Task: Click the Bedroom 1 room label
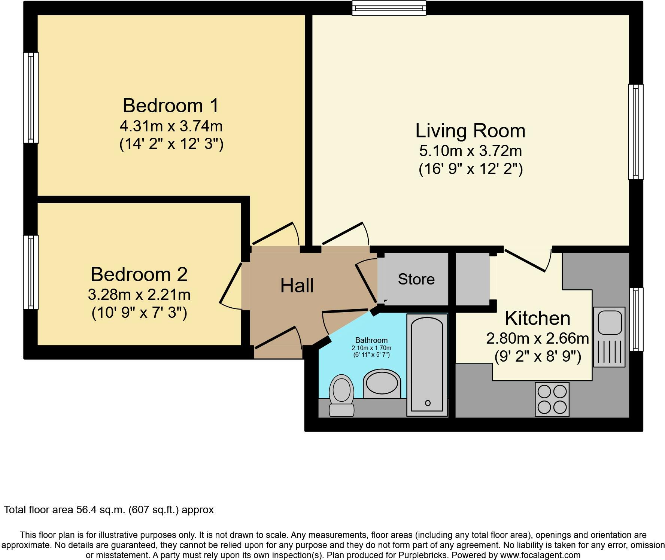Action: [171, 106]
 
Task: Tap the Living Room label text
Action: [470, 131]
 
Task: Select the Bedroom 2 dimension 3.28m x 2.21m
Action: [139, 295]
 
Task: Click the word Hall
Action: [297, 286]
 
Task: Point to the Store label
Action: [416, 279]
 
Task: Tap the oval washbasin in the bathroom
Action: [382, 384]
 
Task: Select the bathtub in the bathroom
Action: [427, 365]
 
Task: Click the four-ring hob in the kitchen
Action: [552, 399]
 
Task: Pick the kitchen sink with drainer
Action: [609, 337]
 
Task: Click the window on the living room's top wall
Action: [389, 8]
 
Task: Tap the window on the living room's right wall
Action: [635, 132]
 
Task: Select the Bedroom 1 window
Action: [31, 97]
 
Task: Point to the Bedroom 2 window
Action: [31, 272]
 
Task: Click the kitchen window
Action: [636, 319]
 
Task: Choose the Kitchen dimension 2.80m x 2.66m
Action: [538, 339]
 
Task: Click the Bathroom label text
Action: [371, 340]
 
